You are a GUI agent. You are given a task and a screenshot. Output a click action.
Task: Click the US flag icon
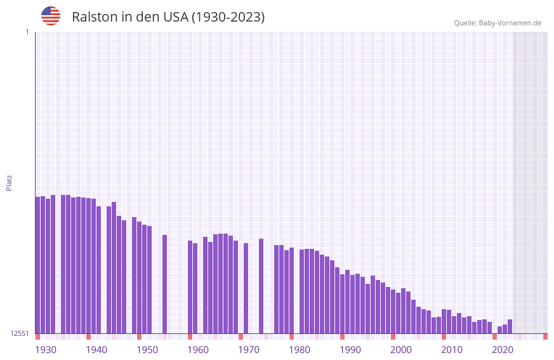coord(51,16)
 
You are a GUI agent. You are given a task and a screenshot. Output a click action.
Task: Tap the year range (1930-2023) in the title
coord(228,17)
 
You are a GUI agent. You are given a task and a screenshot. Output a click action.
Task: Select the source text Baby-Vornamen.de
coord(510,23)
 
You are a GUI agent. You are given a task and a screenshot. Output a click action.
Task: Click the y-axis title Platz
coord(9,182)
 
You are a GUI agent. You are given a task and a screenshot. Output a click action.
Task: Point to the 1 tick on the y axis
coord(27,32)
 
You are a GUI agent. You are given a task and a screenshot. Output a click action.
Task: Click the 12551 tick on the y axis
coord(20,333)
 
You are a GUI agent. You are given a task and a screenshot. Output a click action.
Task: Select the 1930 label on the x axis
coord(46,350)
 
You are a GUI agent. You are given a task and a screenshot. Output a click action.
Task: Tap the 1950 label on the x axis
coord(147,350)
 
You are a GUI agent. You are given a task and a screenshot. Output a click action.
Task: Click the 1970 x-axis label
coord(249,350)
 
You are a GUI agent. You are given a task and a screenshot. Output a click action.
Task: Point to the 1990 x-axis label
coord(350,350)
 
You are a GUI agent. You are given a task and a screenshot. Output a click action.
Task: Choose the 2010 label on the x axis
coord(452,350)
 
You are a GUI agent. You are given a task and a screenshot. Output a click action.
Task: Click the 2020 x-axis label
coord(503,350)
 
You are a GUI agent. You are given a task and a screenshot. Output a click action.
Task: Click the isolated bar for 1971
coord(246,288)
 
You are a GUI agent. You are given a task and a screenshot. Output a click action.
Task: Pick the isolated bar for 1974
coord(261,286)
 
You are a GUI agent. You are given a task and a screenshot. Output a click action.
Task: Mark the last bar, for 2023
coord(510,326)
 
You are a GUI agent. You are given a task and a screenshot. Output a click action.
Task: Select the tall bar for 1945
coord(114,267)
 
